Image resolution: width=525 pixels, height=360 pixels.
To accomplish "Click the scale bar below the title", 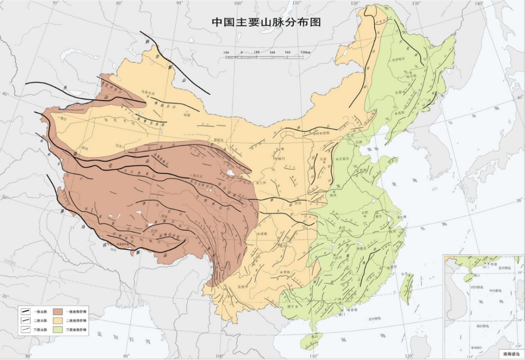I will [x=264, y=57].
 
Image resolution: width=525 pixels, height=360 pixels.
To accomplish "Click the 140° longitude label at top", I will [x=479, y=4].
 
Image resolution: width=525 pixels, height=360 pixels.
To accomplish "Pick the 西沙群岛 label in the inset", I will [x=478, y=288].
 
